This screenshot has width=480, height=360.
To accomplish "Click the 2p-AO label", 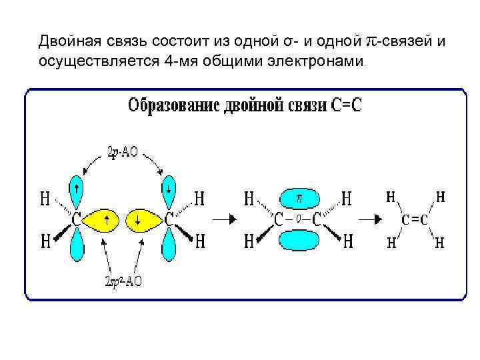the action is pyautogui.click(x=122, y=152).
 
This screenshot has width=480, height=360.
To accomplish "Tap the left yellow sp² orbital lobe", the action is pyautogui.click(x=103, y=219).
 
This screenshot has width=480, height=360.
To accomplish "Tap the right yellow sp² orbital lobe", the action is pyautogui.click(x=142, y=219).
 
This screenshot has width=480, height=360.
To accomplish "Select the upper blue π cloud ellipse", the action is pyautogui.click(x=299, y=198).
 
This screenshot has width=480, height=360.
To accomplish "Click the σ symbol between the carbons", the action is pyautogui.click(x=299, y=218).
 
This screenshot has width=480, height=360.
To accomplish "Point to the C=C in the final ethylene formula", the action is pyautogui.click(x=415, y=219).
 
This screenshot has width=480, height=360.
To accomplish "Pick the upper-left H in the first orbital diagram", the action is pyautogui.click(x=45, y=198).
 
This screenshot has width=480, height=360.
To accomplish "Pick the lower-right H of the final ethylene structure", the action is pyautogui.click(x=440, y=243).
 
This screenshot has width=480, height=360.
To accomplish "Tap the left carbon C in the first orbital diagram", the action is pyautogui.click(x=77, y=219).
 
